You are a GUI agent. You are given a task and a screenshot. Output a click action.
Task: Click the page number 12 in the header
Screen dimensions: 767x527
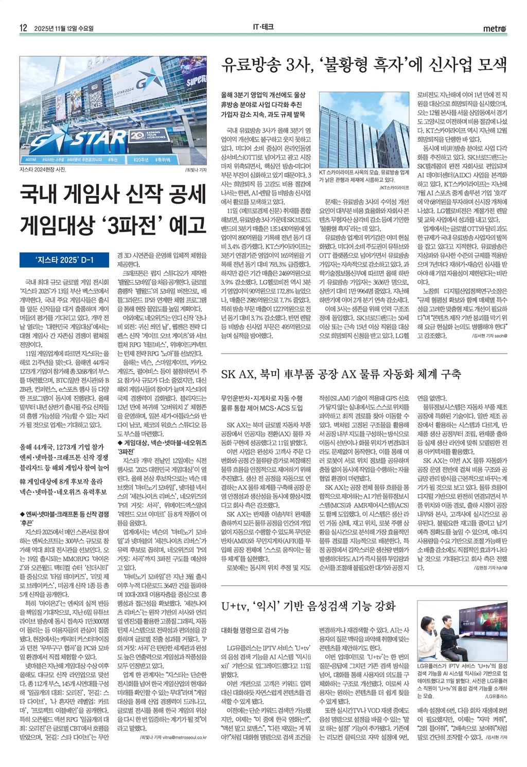click(23, 28)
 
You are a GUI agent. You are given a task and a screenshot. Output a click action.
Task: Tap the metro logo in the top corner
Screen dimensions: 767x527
click(495, 29)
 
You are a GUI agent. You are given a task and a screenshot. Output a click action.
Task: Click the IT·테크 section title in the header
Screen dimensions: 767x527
click(263, 28)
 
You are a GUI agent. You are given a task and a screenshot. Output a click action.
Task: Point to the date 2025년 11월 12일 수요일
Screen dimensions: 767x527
click(64, 28)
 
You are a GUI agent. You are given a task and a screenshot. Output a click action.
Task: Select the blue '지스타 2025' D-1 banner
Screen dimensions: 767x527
click(64, 260)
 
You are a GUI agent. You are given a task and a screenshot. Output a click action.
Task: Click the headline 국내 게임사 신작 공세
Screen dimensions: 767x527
click(112, 195)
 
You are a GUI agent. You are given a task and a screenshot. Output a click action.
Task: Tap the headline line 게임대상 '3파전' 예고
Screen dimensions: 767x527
click(112, 225)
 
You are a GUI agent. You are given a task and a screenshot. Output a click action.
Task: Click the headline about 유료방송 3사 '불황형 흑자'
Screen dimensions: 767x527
click(364, 65)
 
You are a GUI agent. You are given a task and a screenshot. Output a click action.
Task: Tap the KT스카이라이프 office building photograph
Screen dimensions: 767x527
click(364, 130)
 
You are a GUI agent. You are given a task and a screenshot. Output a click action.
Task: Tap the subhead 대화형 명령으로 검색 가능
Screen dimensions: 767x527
click(255, 630)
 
